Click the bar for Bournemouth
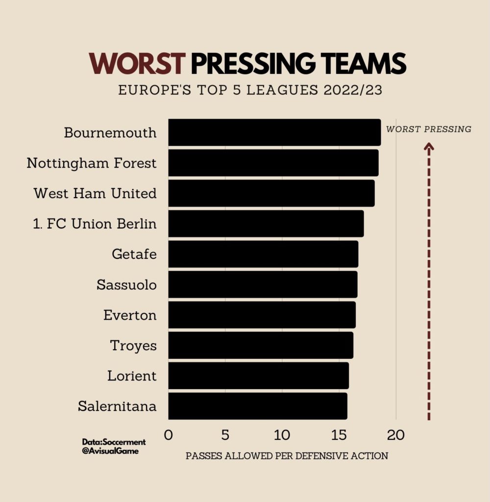(x=274, y=132)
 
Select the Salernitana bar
(x=258, y=406)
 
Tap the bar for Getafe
(x=263, y=254)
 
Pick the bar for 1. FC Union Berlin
(x=266, y=224)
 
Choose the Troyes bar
(x=261, y=345)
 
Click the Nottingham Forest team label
(x=92, y=163)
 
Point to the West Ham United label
(x=95, y=193)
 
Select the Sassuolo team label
(x=126, y=284)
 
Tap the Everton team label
(x=130, y=315)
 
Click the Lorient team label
(x=132, y=376)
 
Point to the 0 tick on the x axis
(x=169, y=435)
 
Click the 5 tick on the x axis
(x=225, y=435)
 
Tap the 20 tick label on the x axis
(x=395, y=435)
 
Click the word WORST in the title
(x=137, y=64)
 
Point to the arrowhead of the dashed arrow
(x=429, y=146)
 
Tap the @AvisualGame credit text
(x=111, y=451)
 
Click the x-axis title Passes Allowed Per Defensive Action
(x=287, y=456)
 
